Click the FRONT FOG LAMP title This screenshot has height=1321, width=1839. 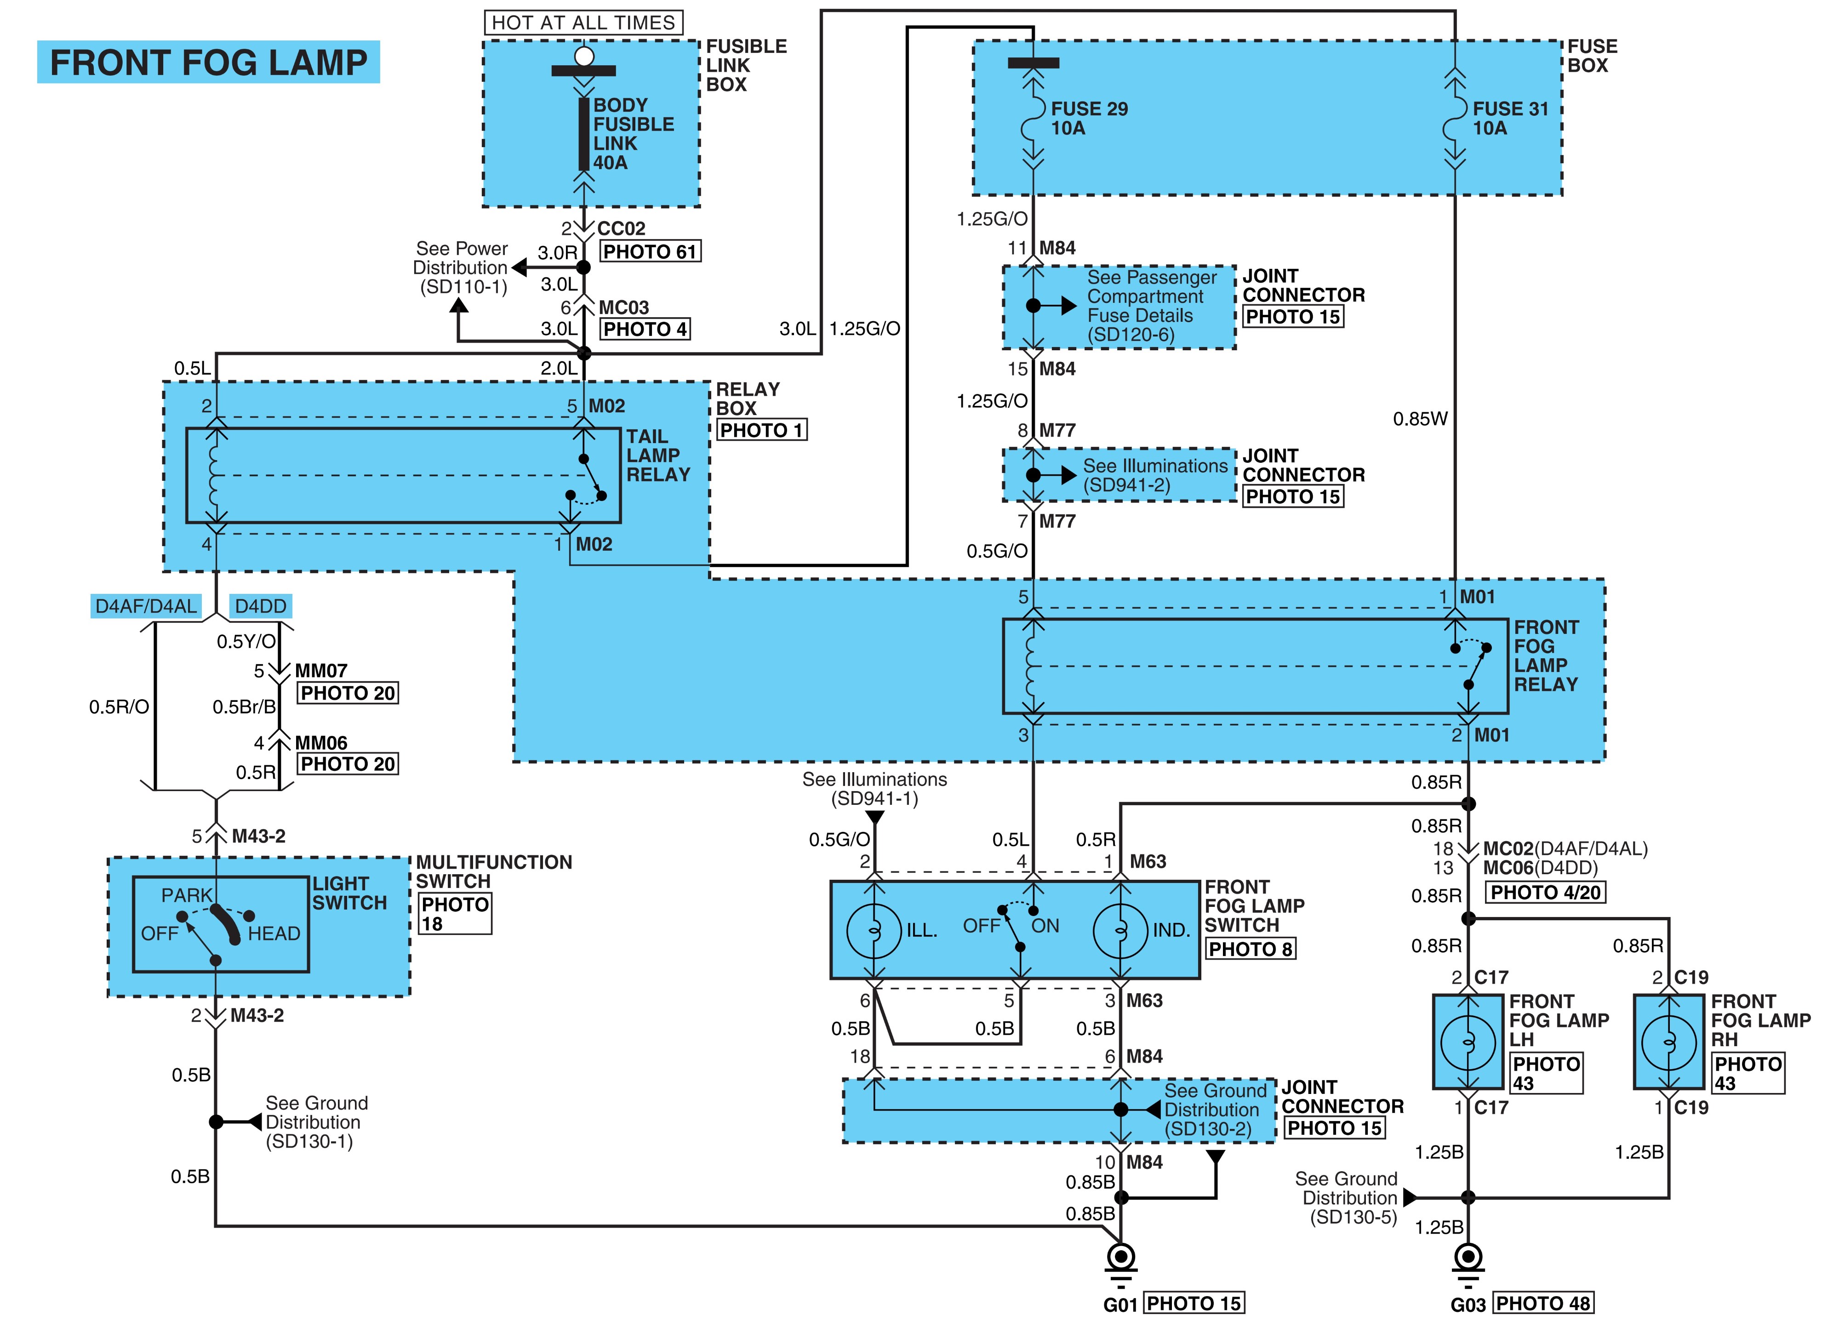[x=208, y=63]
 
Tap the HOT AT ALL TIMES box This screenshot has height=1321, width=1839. [x=584, y=23]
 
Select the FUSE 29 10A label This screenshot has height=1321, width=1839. [x=1089, y=118]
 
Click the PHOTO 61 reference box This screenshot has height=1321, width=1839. [x=650, y=251]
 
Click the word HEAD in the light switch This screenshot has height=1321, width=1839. [x=274, y=934]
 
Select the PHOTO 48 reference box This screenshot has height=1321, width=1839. [x=1543, y=1303]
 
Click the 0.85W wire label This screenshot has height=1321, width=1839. [x=1420, y=419]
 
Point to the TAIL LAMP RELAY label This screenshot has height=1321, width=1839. [x=658, y=456]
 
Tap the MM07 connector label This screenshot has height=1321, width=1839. [x=321, y=671]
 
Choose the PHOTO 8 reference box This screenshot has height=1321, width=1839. [x=1251, y=949]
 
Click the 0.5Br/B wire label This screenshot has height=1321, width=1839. [x=244, y=707]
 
